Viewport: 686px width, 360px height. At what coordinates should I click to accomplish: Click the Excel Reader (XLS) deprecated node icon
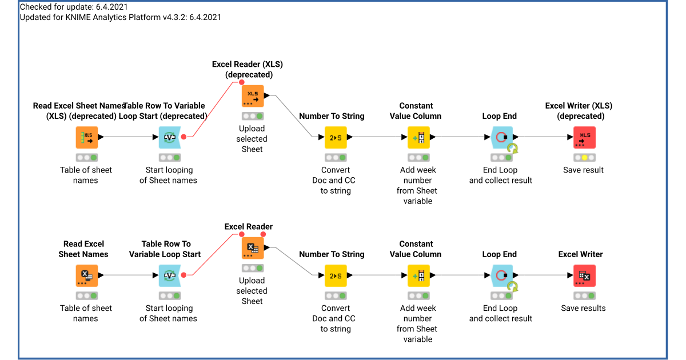tap(252, 96)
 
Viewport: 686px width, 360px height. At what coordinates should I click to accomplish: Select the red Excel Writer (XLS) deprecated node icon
tap(584, 137)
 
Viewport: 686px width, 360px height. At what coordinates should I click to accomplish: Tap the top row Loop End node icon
tap(501, 137)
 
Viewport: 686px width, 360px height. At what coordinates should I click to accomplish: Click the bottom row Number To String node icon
tap(336, 275)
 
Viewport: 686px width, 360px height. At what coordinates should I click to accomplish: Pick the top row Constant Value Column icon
tap(418, 137)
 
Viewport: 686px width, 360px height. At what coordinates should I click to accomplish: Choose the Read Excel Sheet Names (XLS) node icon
tap(87, 137)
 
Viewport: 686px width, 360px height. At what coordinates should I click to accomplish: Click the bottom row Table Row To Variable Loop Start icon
tap(169, 275)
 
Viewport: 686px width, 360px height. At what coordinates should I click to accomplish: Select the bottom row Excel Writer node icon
tap(584, 275)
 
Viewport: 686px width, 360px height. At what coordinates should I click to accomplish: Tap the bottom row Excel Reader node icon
tap(252, 248)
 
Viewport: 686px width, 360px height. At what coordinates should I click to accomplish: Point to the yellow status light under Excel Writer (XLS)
tap(584, 157)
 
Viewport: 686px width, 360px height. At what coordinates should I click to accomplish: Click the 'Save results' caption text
tap(583, 308)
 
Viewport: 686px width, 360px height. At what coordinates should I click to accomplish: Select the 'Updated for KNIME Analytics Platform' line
tap(120, 17)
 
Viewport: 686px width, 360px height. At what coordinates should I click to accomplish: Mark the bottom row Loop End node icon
tap(501, 275)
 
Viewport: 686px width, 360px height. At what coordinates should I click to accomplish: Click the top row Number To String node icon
tap(336, 137)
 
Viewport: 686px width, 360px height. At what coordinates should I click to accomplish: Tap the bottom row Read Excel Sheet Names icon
tap(87, 275)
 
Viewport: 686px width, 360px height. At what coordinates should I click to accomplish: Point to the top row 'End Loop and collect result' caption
tap(500, 175)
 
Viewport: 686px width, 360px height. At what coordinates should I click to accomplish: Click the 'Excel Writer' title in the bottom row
tap(580, 254)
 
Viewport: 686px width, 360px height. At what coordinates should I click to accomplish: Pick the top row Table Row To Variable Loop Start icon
tap(169, 137)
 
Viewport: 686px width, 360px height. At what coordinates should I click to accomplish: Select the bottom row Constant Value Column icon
tap(418, 275)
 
